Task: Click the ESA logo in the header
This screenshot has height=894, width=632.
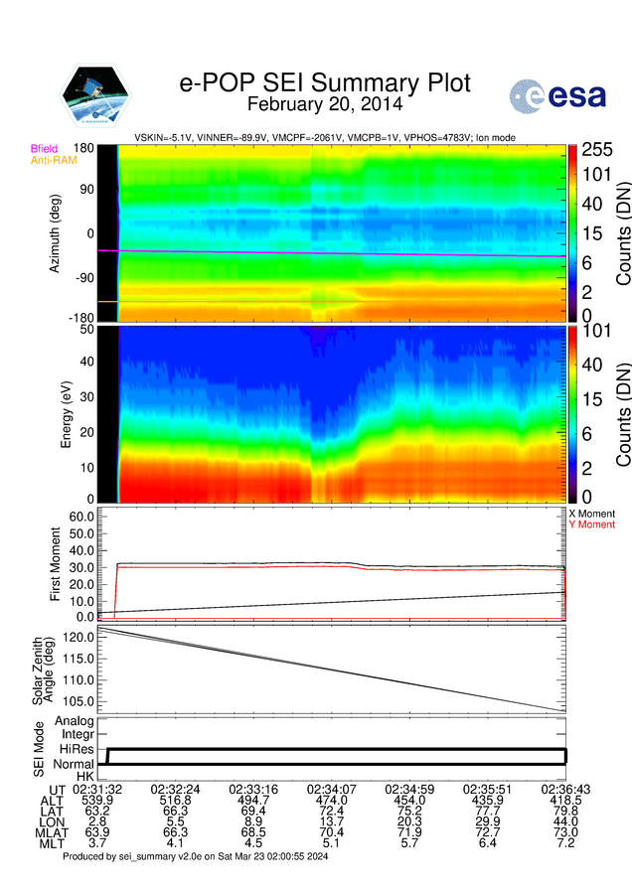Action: (x=553, y=96)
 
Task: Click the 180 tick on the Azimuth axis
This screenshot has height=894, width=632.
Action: (x=83, y=148)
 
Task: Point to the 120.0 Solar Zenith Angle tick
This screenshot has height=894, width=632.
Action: (x=78, y=635)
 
